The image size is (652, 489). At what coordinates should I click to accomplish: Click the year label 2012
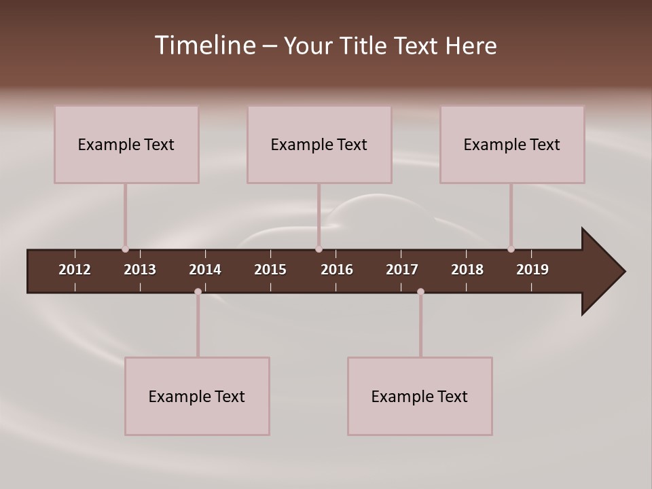(75, 270)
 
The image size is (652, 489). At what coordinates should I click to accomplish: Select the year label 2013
(140, 270)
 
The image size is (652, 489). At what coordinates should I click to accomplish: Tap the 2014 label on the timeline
(205, 270)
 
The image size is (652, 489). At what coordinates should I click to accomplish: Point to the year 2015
(270, 270)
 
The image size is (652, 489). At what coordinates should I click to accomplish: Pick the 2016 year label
(337, 270)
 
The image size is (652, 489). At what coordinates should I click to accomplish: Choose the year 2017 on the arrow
(402, 270)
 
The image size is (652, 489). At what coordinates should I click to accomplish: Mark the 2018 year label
(467, 270)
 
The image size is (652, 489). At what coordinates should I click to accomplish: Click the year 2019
(532, 270)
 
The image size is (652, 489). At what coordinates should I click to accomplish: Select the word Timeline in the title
(204, 46)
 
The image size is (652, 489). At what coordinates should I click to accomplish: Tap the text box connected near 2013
(126, 145)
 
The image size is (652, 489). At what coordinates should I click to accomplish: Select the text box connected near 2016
(319, 145)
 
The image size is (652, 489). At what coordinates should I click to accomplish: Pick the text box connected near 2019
(512, 145)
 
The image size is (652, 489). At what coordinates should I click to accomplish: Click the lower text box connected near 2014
(197, 397)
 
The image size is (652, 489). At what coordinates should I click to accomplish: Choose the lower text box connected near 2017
(420, 397)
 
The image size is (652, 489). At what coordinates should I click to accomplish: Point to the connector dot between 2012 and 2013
(125, 249)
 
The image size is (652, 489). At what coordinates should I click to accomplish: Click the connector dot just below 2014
(198, 291)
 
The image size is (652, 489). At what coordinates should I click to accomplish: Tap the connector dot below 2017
(420, 291)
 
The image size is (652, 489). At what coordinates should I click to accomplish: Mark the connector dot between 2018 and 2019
(511, 249)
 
